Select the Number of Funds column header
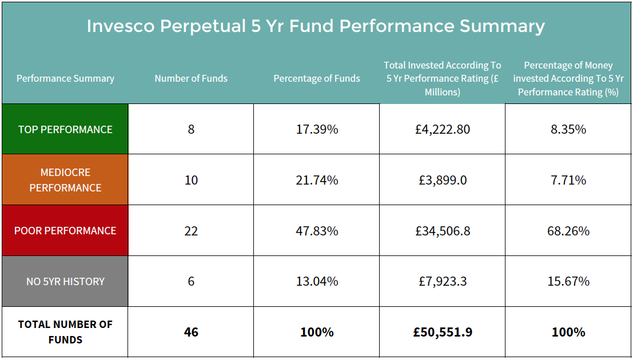(191, 78)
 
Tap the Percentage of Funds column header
(317, 78)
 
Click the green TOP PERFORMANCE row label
(65, 129)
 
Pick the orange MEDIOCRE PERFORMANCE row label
(65, 180)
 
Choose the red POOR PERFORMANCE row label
(65, 231)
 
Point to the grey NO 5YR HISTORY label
(65, 281)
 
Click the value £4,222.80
(443, 129)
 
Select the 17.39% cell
(317, 129)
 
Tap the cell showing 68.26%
(568, 231)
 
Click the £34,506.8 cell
(443, 231)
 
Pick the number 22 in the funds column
(191, 231)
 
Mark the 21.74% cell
(317, 180)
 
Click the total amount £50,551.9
(443, 332)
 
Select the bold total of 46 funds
(191, 332)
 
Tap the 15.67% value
(568, 281)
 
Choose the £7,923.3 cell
(443, 281)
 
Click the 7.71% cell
(568, 180)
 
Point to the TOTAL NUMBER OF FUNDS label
(65, 332)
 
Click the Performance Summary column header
(65, 78)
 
